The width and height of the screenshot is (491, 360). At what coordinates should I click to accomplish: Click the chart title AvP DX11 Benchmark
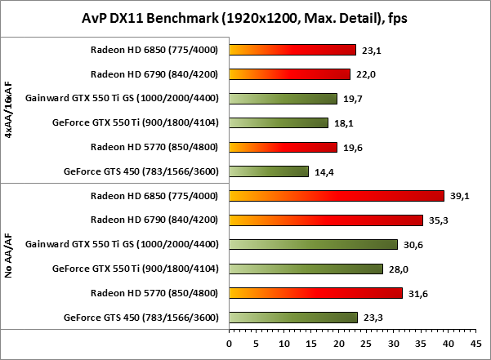click(245, 16)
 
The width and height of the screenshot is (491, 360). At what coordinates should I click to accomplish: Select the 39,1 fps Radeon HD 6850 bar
click(337, 196)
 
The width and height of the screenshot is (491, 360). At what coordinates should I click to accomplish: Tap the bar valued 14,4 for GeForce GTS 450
click(269, 171)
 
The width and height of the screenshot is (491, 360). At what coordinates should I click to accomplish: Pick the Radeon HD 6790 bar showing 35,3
click(326, 220)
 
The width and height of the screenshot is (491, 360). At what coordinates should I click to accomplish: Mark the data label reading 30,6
click(413, 244)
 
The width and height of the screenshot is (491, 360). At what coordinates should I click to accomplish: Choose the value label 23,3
click(373, 318)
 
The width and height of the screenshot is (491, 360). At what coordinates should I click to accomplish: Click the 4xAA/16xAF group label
click(8, 110)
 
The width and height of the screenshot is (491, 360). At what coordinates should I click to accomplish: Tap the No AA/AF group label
click(8, 256)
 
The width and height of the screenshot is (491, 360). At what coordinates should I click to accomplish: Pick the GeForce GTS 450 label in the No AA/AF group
click(141, 318)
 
